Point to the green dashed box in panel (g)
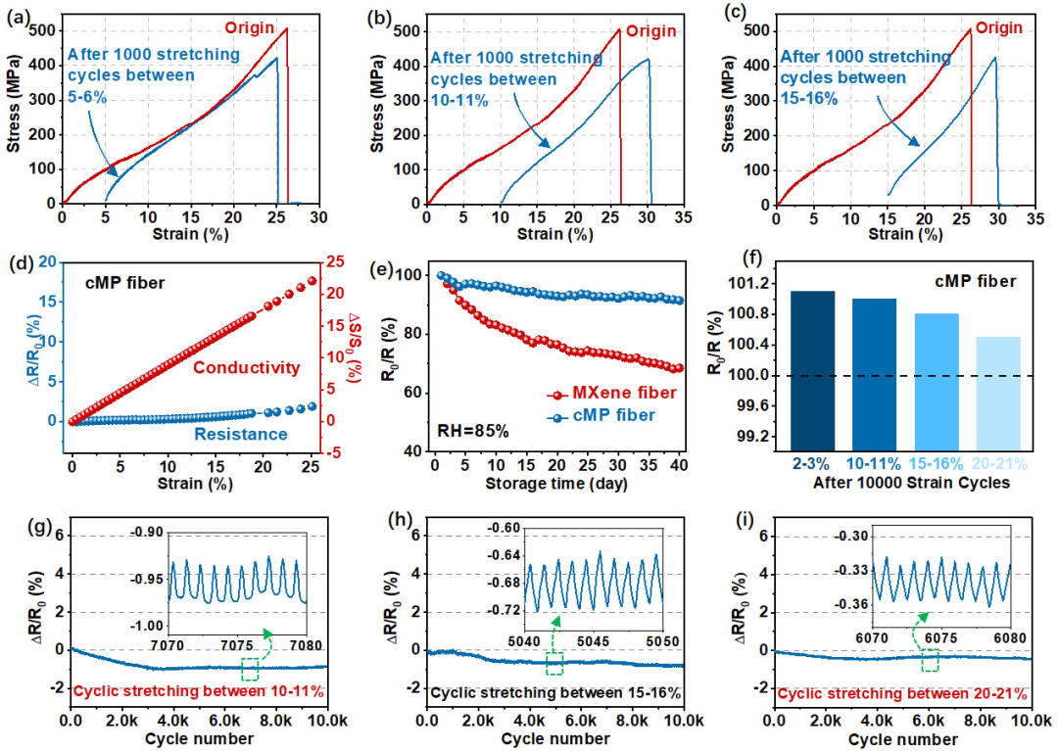click(250, 669)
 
